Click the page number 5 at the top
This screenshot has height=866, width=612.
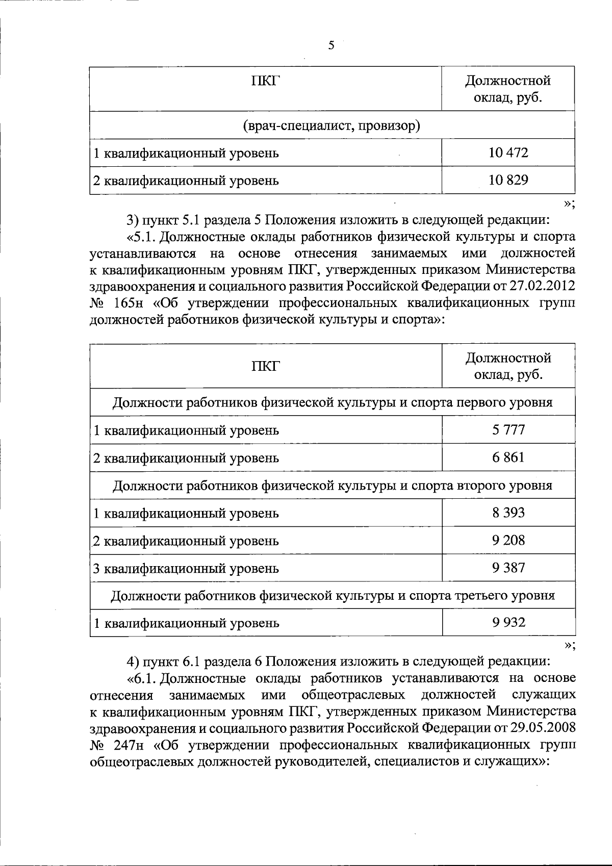coord(331,46)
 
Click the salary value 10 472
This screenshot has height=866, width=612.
coord(508,152)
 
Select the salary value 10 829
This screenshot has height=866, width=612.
coord(508,180)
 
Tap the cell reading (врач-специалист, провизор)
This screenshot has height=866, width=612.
coord(331,125)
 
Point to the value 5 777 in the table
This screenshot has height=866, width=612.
coord(508,429)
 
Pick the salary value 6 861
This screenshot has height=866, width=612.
coord(508,457)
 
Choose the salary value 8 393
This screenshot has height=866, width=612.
coord(508,513)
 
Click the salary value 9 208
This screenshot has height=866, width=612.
coord(508,540)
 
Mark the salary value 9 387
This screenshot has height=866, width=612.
coord(508,568)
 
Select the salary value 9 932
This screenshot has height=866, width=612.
coord(508,622)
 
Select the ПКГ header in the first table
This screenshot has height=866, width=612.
coord(265,81)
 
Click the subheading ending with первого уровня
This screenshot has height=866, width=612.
coord(332,402)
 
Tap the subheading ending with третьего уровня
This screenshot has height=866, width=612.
coord(332,595)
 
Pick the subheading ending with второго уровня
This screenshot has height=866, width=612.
coord(332,485)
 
